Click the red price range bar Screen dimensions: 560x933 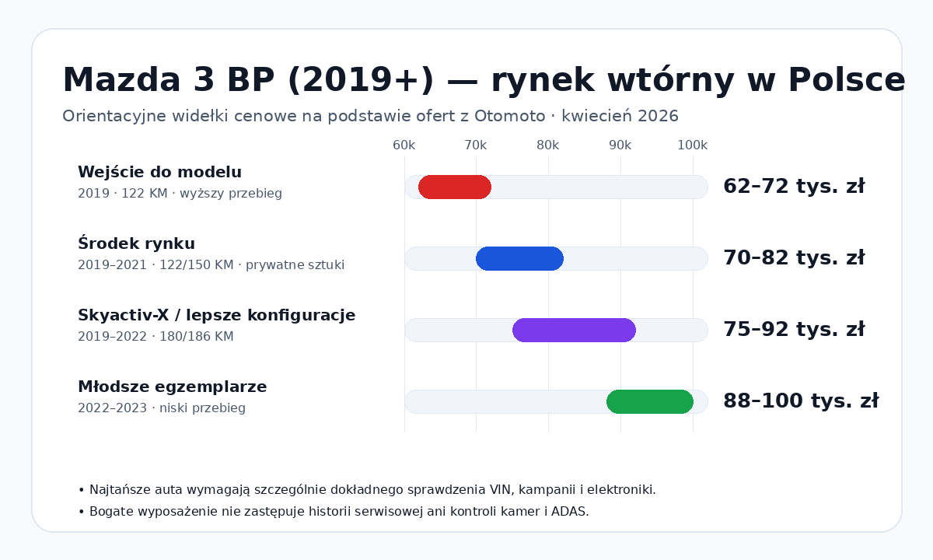455,187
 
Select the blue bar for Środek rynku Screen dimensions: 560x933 519,258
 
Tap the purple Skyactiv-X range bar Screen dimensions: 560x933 574,330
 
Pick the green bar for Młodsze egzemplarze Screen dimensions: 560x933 650,401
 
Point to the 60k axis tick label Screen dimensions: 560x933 404,145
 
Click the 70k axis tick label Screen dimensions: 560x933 476,145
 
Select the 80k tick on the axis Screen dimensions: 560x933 548,145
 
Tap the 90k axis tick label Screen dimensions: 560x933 620,145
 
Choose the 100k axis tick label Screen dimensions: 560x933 692,145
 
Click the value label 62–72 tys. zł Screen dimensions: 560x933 794,187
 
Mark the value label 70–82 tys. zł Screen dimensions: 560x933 794,258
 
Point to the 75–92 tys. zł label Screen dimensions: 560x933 794,330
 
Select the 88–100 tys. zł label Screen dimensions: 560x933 801,401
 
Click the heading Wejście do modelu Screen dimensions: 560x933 159,173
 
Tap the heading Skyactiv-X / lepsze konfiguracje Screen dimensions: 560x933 216,316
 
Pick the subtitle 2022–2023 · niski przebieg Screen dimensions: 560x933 162,408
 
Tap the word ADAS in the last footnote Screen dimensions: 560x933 571,512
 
